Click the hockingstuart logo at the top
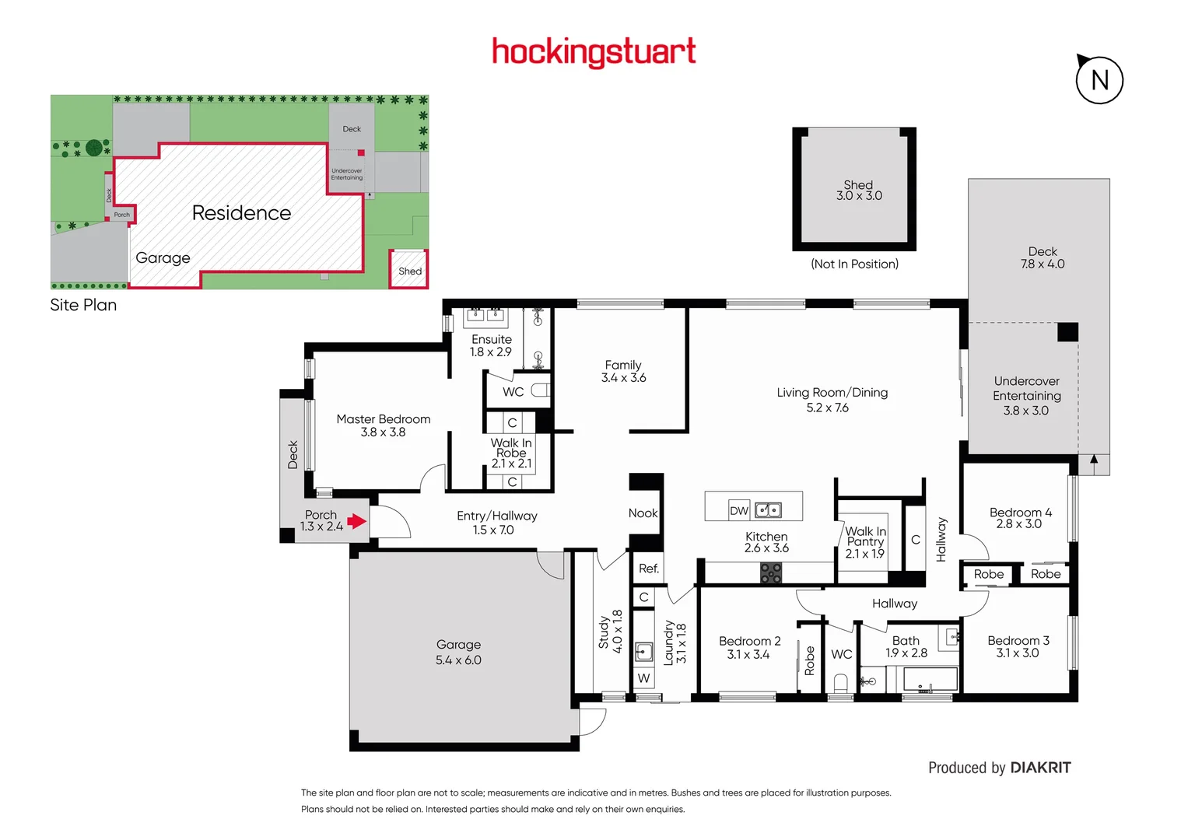coord(594,52)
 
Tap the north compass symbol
coord(1099,79)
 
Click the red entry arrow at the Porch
coord(356,521)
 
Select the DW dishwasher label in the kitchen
coord(738,511)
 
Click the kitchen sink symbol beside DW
coord(768,510)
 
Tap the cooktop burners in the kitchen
coord(770,573)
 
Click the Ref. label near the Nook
coord(648,569)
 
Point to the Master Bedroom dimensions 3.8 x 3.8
coord(383,432)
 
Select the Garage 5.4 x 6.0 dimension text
coord(458,660)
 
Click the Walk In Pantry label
coord(865,536)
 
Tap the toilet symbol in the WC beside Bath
coord(840,683)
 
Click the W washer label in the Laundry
coord(643,678)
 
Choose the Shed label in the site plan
coord(410,271)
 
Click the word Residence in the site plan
coord(241,213)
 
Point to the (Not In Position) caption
coord(854,264)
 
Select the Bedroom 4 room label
coord(1020,513)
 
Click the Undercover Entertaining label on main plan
coord(1026,388)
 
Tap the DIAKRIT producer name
coord(1040,768)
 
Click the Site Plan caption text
coord(83,305)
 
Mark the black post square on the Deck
coord(1067,332)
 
